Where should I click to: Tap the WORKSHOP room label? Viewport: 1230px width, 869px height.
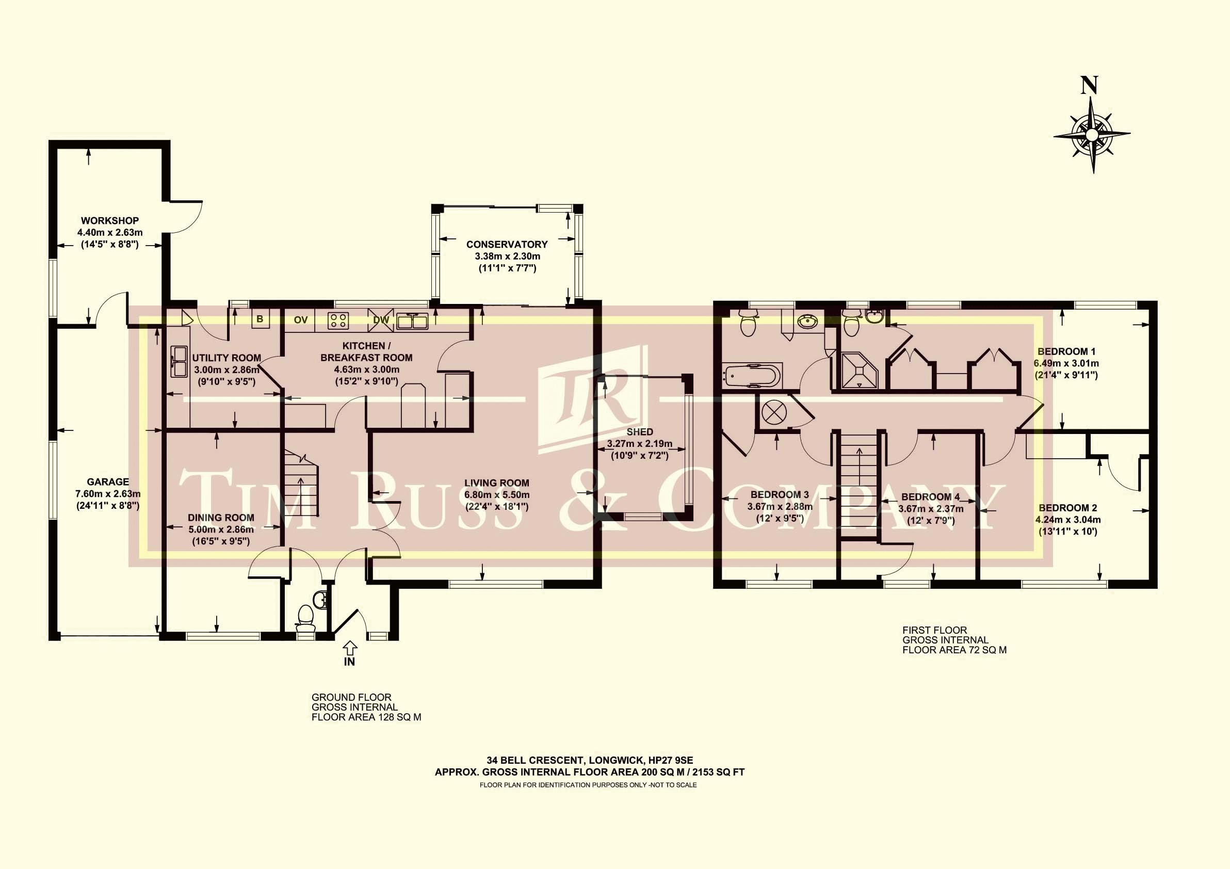point(110,221)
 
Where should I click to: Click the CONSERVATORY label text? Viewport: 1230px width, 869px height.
point(507,245)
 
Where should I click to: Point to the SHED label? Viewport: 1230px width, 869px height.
point(640,432)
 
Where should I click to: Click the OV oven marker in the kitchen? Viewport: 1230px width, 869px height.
point(301,320)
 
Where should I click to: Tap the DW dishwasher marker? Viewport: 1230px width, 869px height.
point(381,320)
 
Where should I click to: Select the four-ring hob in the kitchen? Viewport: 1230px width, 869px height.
point(338,320)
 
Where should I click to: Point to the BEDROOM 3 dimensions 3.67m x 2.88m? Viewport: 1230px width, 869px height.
point(780,506)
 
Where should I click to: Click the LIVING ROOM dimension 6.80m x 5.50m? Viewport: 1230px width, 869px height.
point(497,494)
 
